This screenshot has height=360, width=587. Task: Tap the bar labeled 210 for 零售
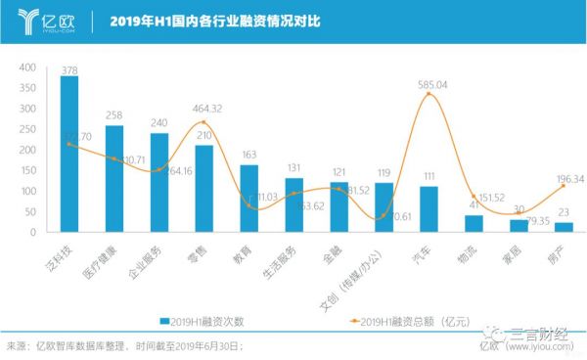point(204,189)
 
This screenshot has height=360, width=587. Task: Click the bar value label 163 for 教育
point(249,155)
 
